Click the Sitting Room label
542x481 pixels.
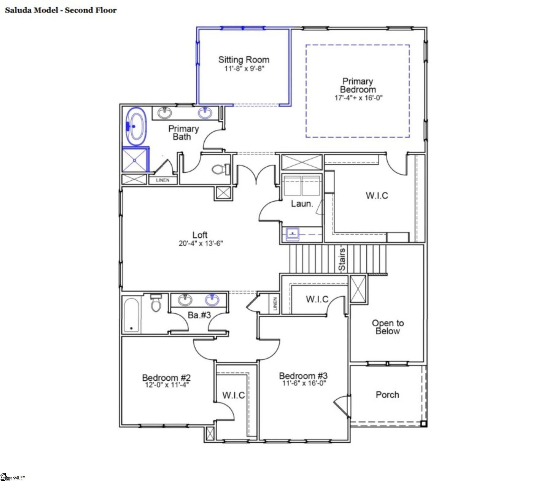pos(244,60)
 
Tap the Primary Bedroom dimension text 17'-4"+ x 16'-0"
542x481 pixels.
pos(358,98)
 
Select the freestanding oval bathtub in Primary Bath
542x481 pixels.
pos(136,126)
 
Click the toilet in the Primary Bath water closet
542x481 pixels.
pos(218,170)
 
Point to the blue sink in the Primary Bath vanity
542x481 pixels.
pos(205,113)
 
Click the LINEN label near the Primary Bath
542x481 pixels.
pos(163,180)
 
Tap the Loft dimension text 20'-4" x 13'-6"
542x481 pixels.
pos(200,243)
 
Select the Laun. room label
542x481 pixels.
pos(302,204)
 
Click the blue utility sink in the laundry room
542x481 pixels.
pos(293,234)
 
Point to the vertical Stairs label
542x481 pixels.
pos(342,259)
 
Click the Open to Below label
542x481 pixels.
pos(388,327)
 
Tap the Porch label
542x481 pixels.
pos(387,395)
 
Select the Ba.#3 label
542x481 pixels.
pos(199,315)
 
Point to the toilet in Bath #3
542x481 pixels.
pos(156,303)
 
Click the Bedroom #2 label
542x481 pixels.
pos(166,377)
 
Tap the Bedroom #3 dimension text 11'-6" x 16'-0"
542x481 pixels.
pos(304,383)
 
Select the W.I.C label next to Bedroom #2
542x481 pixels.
pos(233,395)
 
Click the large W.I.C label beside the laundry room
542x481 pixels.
pos(377,196)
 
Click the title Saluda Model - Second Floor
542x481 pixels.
pos(61,10)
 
